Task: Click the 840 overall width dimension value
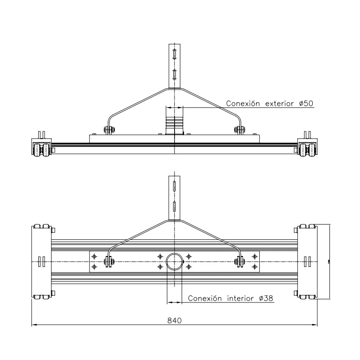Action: pyautogui.click(x=174, y=320)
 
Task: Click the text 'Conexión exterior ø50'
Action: pyautogui.click(x=270, y=103)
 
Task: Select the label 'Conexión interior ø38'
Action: pyautogui.click(x=229, y=298)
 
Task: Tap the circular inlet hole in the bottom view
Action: pyautogui.click(x=175, y=261)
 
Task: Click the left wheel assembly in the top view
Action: pyautogui.click(x=42, y=148)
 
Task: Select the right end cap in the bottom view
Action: pyautogui.click(x=308, y=261)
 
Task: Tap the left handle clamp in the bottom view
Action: pyautogui.click(x=109, y=261)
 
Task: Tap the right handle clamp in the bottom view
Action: pyautogui.click(x=240, y=261)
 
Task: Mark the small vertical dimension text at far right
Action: pyautogui.click(x=329, y=261)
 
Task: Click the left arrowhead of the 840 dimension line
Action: pyautogui.click(x=34, y=324)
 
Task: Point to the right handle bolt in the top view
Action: pyautogui.click(x=240, y=130)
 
